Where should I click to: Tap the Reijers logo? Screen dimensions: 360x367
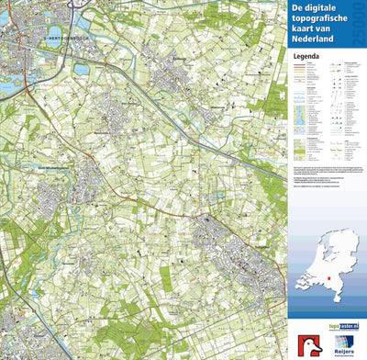tap(344, 342)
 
